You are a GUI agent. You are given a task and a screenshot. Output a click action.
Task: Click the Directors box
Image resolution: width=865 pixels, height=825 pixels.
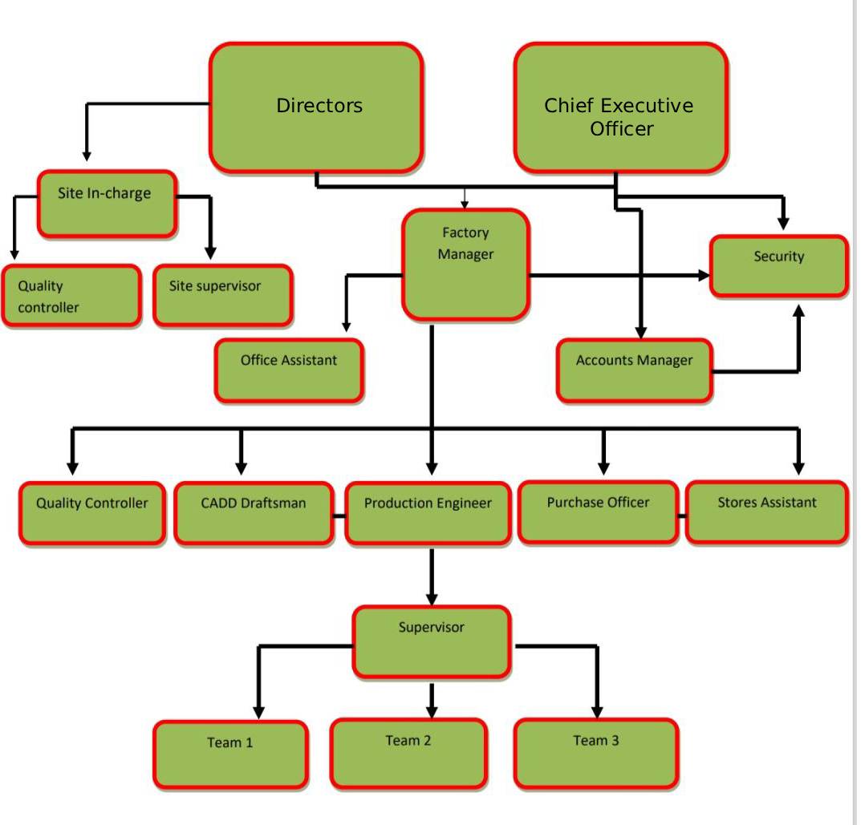pyautogui.click(x=317, y=107)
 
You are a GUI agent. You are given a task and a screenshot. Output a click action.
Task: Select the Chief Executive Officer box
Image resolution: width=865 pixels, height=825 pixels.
pyautogui.click(x=620, y=107)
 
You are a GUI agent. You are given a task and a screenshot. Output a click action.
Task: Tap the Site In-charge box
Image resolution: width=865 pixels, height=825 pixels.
pyautogui.click(x=106, y=204)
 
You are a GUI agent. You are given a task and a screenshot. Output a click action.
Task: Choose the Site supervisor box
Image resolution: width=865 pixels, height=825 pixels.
pyautogui.click(x=222, y=295)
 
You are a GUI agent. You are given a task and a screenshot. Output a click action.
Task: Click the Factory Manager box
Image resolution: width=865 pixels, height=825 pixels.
pyautogui.click(x=465, y=265)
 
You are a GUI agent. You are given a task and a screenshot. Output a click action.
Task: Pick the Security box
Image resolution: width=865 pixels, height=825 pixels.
pyautogui.click(x=778, y=266)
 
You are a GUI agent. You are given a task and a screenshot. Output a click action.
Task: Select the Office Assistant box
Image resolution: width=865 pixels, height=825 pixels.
pyautogui.click(x=289, y=370)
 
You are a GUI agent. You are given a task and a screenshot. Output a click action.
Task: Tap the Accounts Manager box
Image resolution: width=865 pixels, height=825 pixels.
pyautogui.click(x=634, y=370)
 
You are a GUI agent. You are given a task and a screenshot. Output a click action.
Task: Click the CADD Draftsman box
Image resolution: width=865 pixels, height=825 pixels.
pyautogui.click(x=254, y=513)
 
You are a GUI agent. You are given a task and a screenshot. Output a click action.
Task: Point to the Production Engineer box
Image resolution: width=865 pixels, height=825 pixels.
pyautogui.click(x=428, y=513)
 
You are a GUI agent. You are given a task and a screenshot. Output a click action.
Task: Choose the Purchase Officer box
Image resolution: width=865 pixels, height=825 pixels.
pyautogui.click(x=598, y=512)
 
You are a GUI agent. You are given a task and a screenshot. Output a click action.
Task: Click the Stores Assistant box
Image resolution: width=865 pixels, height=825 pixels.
pyautogui.click(x=766, y=512)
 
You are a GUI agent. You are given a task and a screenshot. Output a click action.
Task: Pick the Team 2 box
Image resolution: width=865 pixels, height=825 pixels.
pyautogui.click(x=408, y=752)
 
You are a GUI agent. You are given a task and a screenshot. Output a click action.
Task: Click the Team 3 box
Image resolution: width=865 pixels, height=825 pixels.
pyautogui.click(x=596, y=752)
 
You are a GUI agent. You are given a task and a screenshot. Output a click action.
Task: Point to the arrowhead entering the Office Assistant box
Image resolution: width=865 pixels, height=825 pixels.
pyautogui.click(x=346, y=326)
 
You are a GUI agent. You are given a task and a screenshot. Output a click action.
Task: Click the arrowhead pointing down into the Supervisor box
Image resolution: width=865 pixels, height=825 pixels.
pyautogui.click(x=432, y=597)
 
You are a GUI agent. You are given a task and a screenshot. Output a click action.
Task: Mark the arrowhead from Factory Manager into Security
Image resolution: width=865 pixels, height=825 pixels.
pyautogui.click(x=704, y=276)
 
